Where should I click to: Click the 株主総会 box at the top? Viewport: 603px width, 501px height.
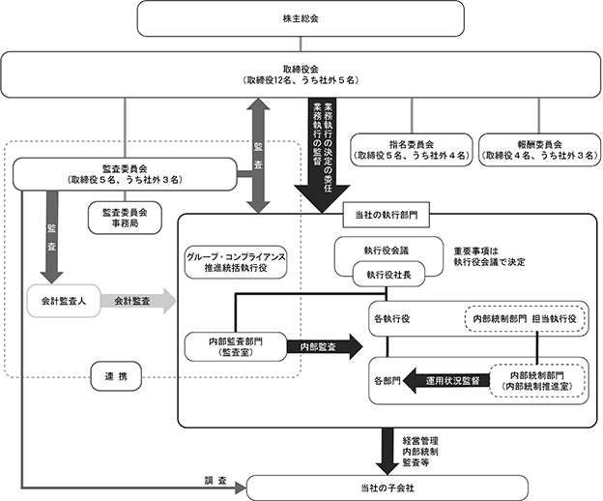click(x=301, y=18)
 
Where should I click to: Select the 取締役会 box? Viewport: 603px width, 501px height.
click(x=301, y=74)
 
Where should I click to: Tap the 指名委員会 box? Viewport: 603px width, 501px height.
click(x=412, y=150)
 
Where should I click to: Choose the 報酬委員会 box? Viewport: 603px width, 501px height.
click(x=539, y=150)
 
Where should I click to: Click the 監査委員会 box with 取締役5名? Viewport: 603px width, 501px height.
click(x=125, y=174)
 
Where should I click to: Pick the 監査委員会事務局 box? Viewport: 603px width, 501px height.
click(x=125, y=218)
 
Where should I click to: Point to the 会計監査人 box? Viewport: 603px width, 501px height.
click(x=64, y=301)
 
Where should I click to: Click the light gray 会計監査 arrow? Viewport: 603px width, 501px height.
click(x=137, y=301)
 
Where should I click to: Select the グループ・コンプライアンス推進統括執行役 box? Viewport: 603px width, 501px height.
click(x=236, y=262)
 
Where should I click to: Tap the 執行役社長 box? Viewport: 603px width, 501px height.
click(x=388, y=275)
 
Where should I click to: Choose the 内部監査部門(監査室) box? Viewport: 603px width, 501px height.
click(x=236, y=346)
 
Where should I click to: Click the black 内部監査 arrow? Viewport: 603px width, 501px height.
click(x=325, y=346)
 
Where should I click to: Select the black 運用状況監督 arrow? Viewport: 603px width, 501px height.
click(x=446, y=381)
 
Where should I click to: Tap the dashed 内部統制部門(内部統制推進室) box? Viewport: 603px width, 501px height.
click(x=537, y=380)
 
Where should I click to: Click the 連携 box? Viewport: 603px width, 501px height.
click(x=116, y=376)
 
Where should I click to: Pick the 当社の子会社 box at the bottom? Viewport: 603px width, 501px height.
click(x=388, y=487)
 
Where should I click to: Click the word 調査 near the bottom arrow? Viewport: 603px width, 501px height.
click(x=215, y=481)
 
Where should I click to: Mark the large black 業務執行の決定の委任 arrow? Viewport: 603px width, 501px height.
click(x=322, y=156)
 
